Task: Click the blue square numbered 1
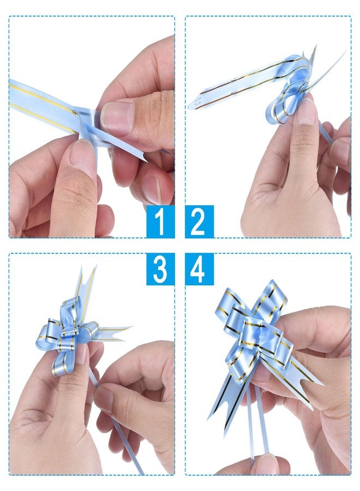coord(160,221)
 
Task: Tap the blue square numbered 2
coord(200,221)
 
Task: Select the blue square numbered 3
coord(160,269)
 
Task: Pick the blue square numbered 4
coord(200,269)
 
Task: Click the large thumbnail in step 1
coord(117,118)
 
